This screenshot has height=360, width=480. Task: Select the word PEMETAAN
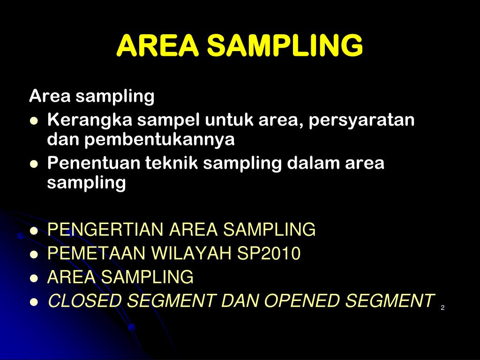click(96, 254)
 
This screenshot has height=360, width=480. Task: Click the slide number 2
click(442, 307)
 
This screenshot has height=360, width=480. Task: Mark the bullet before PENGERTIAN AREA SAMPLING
click(33, 231)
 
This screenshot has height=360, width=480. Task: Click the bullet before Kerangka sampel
click(33, 121)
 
